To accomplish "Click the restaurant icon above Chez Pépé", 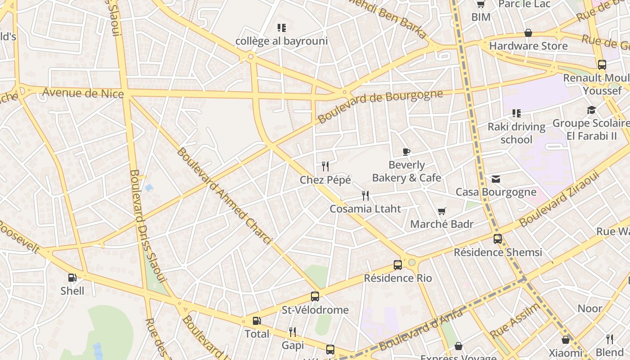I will [325, 166].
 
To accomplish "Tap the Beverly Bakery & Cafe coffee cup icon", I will [406, 152].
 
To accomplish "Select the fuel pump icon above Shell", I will [72, 278].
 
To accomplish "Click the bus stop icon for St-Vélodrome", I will [315, 297].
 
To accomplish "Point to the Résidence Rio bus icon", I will [398, 265].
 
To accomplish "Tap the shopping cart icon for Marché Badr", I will [442, 211].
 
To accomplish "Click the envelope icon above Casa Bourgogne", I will [496, 179].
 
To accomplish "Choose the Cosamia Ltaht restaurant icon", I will [365, 196].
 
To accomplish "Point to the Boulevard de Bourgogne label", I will [380, 106].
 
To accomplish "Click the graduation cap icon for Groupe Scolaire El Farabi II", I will [591, 110].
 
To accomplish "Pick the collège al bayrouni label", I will [282, 41].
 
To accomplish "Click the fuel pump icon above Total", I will [256, 321].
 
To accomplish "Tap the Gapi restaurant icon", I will [292, 332].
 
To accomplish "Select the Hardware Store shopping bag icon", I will [528, 33].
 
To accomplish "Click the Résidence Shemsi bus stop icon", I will [498, 239].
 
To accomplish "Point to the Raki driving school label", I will [516, 133].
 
